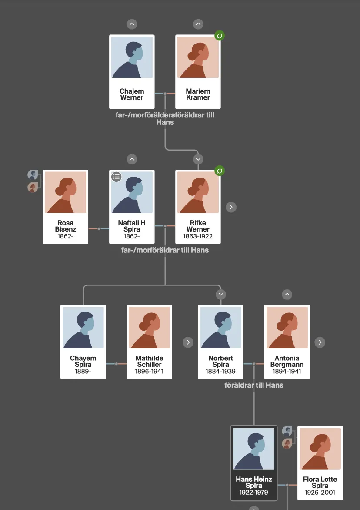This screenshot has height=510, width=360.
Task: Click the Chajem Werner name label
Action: (x=132, y=94)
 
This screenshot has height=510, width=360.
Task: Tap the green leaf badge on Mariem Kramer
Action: (x=220, y=36)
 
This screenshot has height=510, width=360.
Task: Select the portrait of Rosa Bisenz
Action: (x=65, y=192)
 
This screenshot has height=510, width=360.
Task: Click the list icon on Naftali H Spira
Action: (x=117, y=177)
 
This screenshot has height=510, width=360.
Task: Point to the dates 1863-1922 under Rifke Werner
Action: (x=198, y=236)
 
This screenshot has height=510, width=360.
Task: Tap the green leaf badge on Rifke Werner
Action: (x=220, y=171)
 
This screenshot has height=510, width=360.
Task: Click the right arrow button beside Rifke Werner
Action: (x=231, y=207)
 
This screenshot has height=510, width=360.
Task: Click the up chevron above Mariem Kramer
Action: (x=198, y=24)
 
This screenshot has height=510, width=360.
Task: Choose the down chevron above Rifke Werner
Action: (x=198, y=159)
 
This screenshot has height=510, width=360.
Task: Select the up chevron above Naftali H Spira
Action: (x=132, y=159)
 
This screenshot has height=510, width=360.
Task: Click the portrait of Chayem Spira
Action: (x=83, y=328)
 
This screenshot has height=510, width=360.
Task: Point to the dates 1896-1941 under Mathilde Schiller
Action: (x=149, y=372)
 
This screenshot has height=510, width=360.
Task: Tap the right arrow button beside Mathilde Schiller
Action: (x=188, y=342)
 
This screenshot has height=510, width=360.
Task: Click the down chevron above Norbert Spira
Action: (x=221, y=295)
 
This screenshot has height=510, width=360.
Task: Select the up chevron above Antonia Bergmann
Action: (x=287, y=295)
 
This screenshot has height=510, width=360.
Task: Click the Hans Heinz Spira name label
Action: (x=254, y=482)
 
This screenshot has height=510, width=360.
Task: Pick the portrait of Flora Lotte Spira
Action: (x=320, y=449)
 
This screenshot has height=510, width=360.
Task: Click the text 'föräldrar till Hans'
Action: (x=254, y=386)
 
